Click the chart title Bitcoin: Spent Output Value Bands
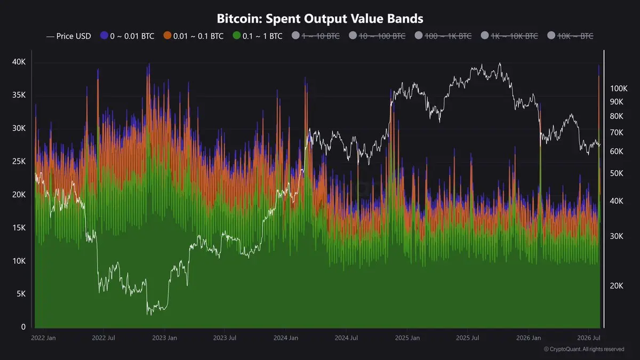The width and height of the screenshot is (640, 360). coord(320,19)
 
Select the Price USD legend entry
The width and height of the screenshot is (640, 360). coord(69,36)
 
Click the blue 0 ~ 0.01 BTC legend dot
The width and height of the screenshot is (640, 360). coord(104,35)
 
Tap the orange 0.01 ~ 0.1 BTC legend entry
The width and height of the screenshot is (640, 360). coord(194,36)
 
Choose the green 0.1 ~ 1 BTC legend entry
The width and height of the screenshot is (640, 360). coord(258,36)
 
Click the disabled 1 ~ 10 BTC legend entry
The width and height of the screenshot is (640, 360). coord(316,36)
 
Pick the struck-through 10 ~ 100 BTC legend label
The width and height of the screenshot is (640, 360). coord(382,36)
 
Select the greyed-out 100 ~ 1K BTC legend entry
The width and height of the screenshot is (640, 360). coord(443,36)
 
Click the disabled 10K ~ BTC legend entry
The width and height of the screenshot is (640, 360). coord(570,36)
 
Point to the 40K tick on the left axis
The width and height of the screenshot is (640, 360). coord(19,62)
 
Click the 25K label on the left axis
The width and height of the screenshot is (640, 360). coord(19,162)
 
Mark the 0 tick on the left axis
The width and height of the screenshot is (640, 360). coord(23,327)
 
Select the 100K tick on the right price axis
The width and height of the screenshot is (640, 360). coord(619,89)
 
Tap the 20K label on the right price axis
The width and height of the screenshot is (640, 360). coord(617,286)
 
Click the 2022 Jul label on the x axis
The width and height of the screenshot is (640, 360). coord(103,338)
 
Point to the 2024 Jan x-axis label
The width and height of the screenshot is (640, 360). coord(286,338)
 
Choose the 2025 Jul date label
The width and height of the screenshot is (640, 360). coord(467,338)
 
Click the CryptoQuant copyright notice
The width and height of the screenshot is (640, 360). coord(584,349)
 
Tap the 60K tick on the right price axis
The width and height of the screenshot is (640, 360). coord(617,151)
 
